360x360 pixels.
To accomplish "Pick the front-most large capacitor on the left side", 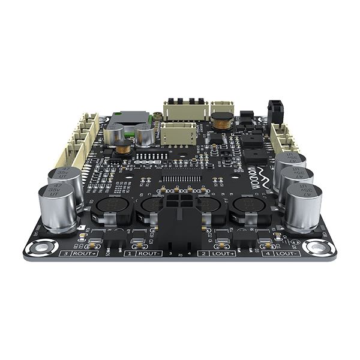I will (55, 207).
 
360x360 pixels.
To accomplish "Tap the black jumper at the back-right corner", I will (276, 109).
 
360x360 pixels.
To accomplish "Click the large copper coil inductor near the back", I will (223, 120).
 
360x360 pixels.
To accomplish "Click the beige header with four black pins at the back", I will (183, 108).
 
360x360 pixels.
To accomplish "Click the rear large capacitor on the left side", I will (65, 178).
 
